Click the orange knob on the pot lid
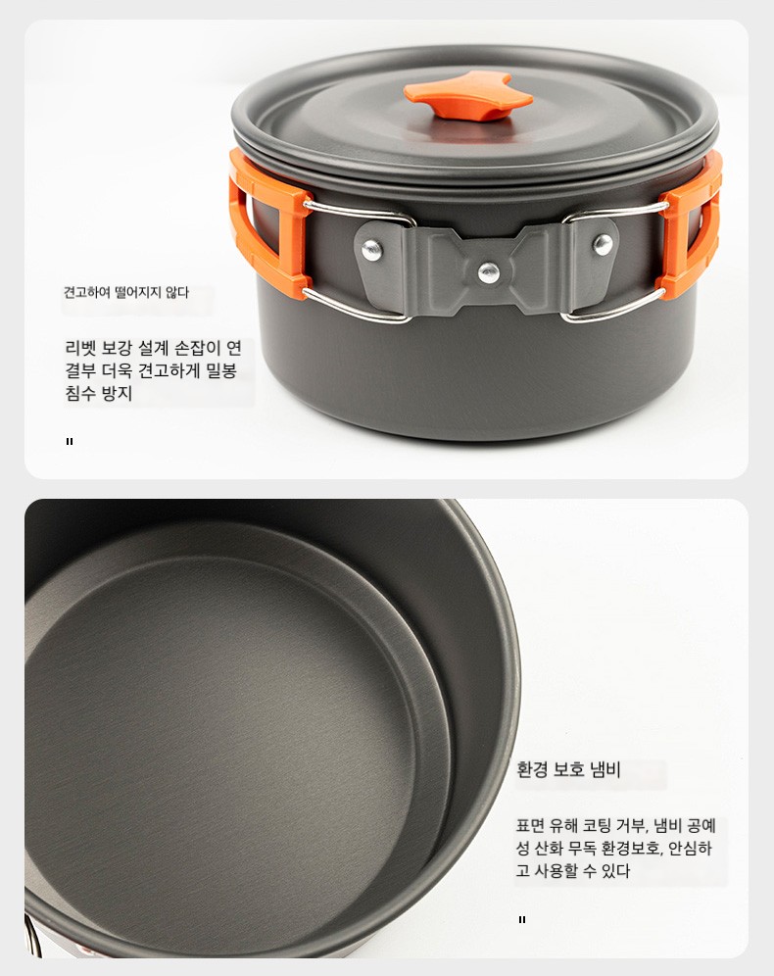tap(468, 97)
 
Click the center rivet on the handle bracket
tap(489, 271)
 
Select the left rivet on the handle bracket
tap(372, 250)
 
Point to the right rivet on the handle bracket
tap(603, 245)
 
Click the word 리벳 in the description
tap(80, 348)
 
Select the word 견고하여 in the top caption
tap(87, 293)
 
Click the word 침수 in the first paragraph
tap(80, 393)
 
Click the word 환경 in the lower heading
tap(532, 770)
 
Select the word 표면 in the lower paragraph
tap(531, 826)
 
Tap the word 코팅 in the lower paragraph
tap(597, 826)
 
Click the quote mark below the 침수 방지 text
tap(70, 441)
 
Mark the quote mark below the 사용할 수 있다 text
tap(522, 919)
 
